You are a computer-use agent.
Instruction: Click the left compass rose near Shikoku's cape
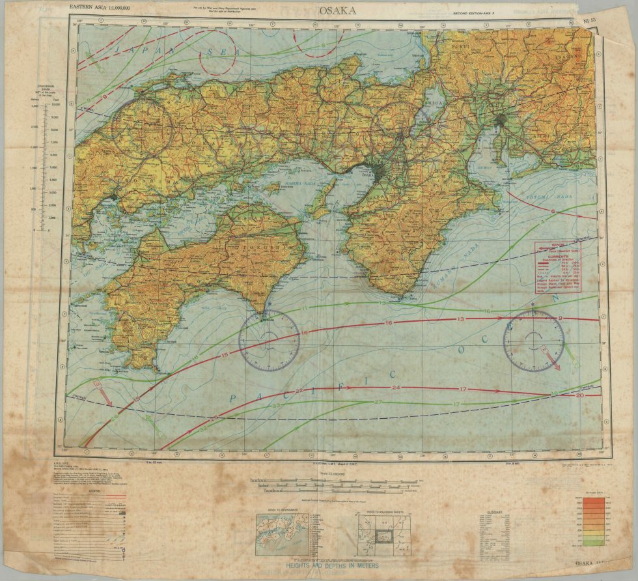point(269,341)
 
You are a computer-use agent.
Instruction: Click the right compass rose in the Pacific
point(534,341)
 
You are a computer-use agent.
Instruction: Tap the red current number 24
point(395,388)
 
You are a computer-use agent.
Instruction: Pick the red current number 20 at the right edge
point(579,395)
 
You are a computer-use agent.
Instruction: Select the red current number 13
point(460,319)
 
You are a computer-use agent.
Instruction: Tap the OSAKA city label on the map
point(368,175)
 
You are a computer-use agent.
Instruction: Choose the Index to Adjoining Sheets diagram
point(381,535)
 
